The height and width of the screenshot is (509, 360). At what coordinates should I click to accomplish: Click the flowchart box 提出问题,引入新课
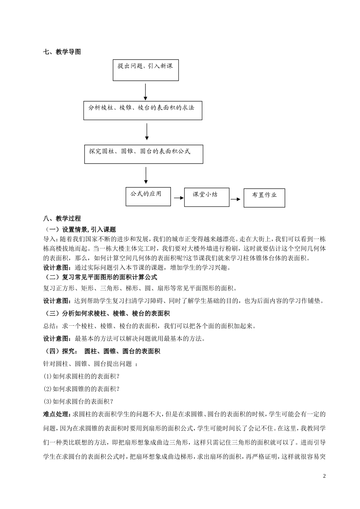(146, 70)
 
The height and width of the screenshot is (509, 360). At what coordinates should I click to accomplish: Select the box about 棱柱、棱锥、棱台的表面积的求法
(142, 111)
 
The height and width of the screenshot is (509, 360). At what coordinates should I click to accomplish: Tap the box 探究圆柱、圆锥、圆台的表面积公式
(144, 154)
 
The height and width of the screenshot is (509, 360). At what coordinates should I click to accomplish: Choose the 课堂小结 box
(207, 197)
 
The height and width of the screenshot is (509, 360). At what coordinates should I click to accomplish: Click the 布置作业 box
(264, 198)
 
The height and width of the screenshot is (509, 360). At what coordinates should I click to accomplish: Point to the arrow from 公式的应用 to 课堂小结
(178, 198)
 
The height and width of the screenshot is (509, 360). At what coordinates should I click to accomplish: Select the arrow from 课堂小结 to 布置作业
(235, 199)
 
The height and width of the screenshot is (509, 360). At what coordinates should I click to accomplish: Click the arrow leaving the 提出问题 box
(146, 91)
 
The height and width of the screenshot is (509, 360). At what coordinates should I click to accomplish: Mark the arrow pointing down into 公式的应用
(146, 176)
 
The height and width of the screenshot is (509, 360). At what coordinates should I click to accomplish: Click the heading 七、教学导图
(62, 52)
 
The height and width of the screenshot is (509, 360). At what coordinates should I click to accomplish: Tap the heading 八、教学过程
(62, 219)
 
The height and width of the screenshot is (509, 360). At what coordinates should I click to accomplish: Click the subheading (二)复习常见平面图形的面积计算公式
(100, 277)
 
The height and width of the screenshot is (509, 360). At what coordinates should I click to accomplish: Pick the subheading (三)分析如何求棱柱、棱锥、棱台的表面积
(107, 313)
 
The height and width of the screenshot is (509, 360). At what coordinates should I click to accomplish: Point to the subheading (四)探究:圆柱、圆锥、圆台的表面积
(102, 351)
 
